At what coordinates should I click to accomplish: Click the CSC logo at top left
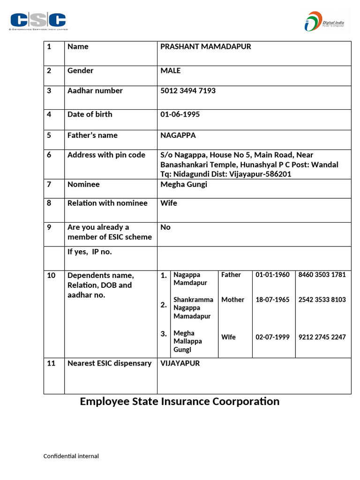point(38,21)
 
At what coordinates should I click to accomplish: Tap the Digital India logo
point(326,21)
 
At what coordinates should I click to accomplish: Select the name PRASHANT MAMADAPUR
point(205,46)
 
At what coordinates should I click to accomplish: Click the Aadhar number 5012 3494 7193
point(188,90)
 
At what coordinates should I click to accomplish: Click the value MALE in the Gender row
point(170,70)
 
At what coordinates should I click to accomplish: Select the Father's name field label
point(92,135)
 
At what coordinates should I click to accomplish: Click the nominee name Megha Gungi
point(183,184)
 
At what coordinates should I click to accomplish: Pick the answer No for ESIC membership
point(165,227)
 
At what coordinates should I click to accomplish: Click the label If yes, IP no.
point(90,252)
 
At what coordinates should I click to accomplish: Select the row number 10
point(51,275)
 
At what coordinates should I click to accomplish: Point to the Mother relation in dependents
point(232,300)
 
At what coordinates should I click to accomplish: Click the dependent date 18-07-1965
point(272,300)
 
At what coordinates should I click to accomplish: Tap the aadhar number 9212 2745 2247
point(322,337)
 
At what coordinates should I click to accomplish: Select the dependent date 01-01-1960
point(272,275)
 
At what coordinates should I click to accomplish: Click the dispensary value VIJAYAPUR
point(180,363)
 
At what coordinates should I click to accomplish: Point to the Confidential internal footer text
point(71,456)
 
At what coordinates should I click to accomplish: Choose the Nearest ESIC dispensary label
point(109,363)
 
